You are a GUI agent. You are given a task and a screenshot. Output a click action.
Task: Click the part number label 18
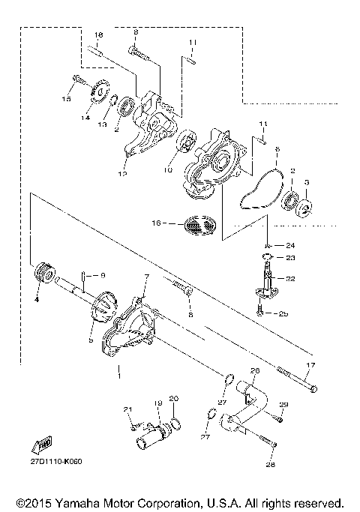tap(98, 36)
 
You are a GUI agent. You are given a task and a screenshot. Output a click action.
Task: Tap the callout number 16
tap(156, 223)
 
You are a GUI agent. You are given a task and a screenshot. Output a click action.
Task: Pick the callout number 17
tap(310, 365)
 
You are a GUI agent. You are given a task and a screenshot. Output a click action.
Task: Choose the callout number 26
tap(253, 371)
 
